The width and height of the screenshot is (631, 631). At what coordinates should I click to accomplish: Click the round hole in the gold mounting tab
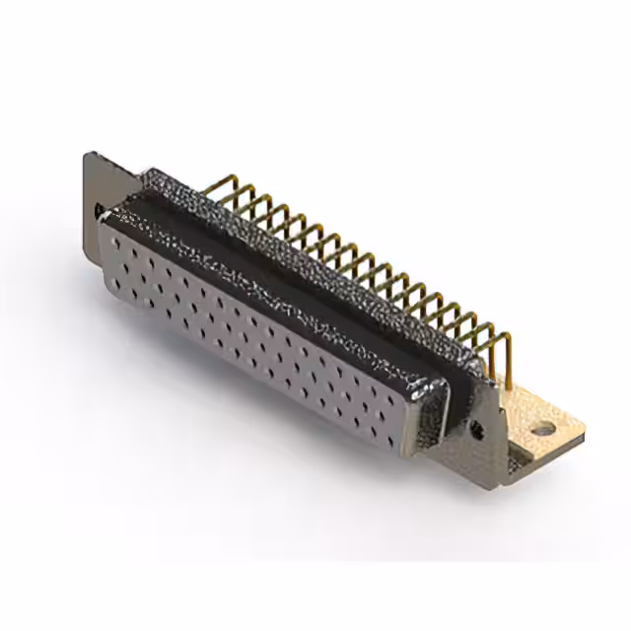(542, 430)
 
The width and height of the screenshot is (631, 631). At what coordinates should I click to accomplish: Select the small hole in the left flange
(99, 210)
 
